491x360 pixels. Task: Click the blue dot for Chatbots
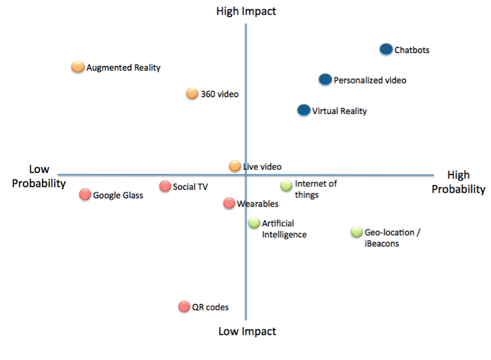[386, 49]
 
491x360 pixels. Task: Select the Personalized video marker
[325, 80]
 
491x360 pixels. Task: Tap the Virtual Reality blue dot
[304, 110]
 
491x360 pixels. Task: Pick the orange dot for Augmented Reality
[78, 67]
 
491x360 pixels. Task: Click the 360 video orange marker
[192, 94]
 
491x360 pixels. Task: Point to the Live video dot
[235, 166]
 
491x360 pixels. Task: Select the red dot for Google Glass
[85, 195]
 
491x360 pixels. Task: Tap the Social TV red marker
[165, 186]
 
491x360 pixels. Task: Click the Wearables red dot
[229, 203]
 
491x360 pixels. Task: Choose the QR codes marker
[184, 306]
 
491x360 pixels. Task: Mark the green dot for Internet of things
[286, 186]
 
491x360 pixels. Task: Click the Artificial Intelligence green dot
[254, 223]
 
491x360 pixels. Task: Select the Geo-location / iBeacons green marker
[357, 232]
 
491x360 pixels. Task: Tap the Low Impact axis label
[247, 332]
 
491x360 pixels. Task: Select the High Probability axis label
[458, 182]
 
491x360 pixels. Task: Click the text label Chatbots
[412, 50]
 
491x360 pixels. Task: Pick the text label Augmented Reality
[123, 68]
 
